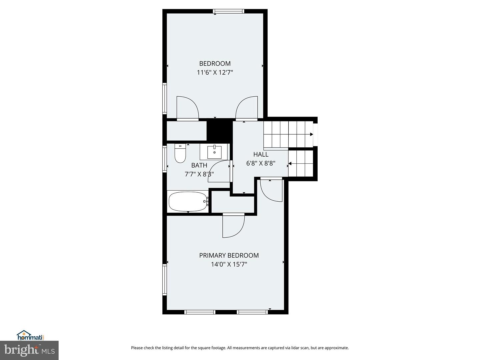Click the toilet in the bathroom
pos(180,153)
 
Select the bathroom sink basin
pos(214,151)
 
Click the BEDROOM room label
pos(215,64)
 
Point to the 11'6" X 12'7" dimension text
pos(215,72)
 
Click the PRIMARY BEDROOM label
pos(229,255)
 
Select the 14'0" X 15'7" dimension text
pos(229,264)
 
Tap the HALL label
pos(261,155)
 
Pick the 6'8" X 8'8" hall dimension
pos(261,163)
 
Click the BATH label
pos(199,165)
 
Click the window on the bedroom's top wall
pos(228,11)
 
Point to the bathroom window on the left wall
pos(165,159)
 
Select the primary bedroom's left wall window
pos(165,280)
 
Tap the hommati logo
pos(31,336)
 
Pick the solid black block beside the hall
pos(220,130)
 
